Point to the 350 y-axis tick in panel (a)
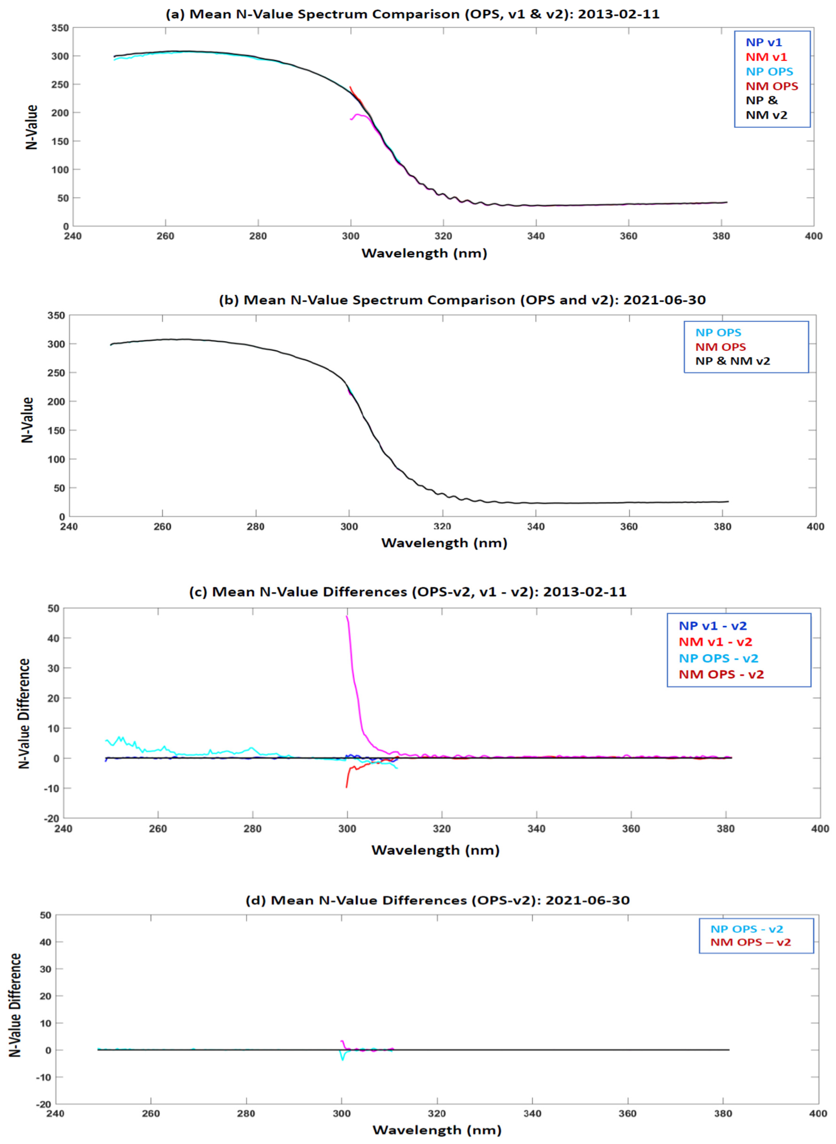pos(60,28)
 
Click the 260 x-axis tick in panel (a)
pos(165,236)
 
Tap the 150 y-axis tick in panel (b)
pos(56,430)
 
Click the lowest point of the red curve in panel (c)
pos(347,787)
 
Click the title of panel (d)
pos(437,900)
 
